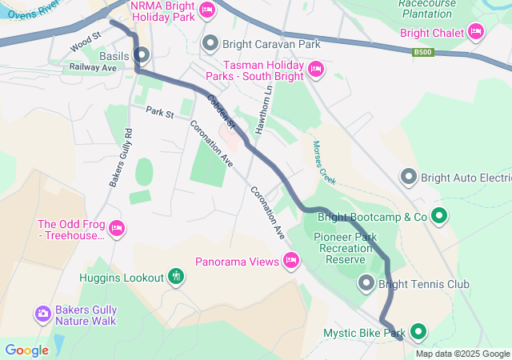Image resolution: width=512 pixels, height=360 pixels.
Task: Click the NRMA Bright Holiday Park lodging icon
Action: click(207, 10)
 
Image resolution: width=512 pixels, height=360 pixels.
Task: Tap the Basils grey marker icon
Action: click(142, 55)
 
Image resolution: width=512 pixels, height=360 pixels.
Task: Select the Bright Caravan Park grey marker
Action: click(210, 42)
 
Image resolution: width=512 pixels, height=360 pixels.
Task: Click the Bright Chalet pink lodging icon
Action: click(477, 31)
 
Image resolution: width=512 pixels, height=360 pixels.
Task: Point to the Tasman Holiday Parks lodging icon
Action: click(315, 70)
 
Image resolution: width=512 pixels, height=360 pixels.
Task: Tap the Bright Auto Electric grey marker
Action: click(409, 176)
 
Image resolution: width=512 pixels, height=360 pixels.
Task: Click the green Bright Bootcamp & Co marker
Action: click(439, 215)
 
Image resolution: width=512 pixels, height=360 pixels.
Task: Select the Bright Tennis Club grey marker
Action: click(366, 282)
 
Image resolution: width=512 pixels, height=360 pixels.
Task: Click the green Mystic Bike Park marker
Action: click(418, 332)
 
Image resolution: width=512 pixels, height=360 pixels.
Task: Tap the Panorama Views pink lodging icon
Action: click(291, 260)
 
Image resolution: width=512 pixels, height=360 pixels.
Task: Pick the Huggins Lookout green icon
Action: click(176, 277)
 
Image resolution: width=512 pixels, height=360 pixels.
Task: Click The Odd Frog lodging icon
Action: click(117, 230)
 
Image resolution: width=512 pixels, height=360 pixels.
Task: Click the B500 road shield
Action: click(423, 53)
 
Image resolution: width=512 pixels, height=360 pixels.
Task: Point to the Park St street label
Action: click(159, 114)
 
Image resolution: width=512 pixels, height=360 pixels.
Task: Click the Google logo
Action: click(26, 350)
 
